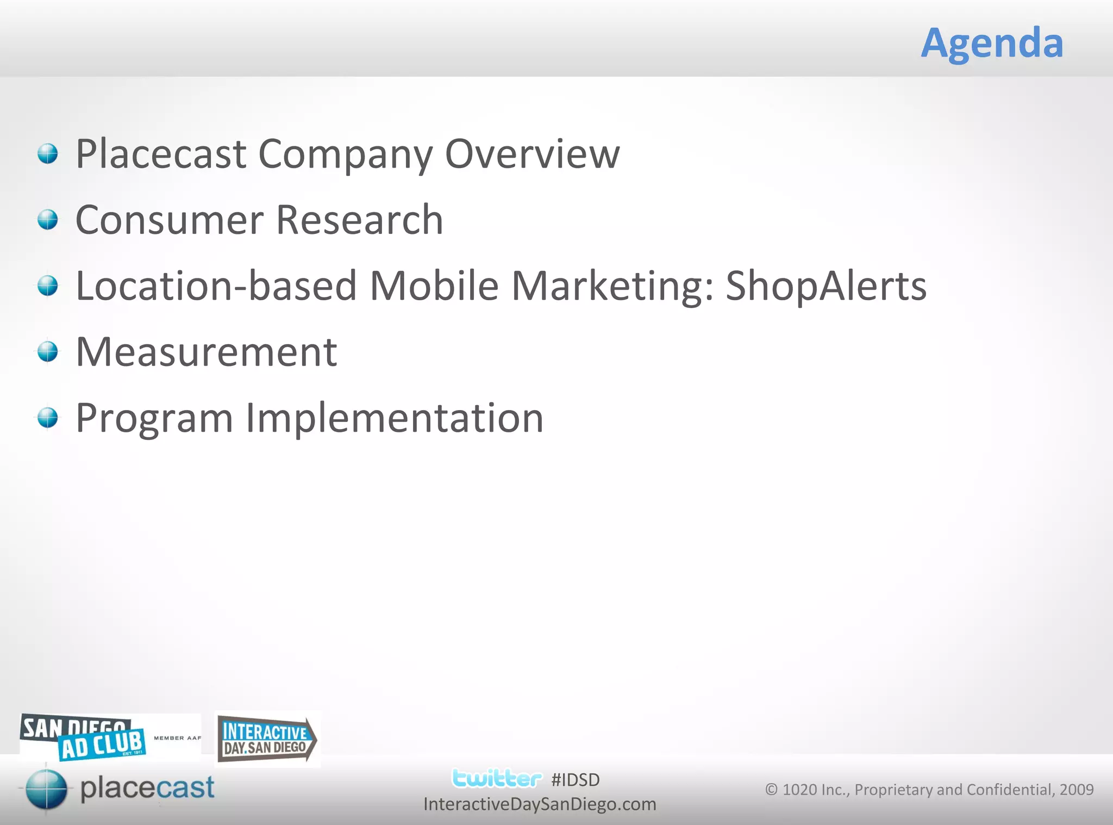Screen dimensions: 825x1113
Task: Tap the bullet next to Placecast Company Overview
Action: [48, 153]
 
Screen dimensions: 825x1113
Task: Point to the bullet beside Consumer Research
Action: [48, 220]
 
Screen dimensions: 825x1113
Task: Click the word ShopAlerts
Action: [826, 286]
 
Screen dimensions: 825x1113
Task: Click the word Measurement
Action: [207, 352]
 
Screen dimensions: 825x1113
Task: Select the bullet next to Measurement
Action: [48, 352]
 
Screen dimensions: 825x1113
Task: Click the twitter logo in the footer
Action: [496, 778]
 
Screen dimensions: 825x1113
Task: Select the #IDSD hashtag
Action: [575, 780]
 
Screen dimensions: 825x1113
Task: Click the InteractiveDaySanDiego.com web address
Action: [540, 804]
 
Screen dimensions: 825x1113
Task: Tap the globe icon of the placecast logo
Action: [47, 789]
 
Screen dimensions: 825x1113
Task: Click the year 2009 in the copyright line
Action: [1076, 790]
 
